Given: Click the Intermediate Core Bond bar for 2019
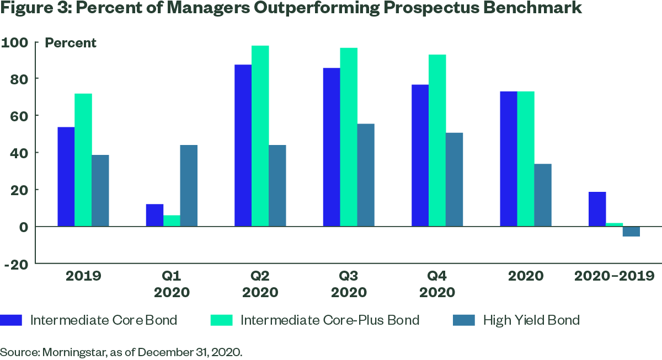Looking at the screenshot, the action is click(66, 176).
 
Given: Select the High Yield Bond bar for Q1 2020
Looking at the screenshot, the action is click(189, 186).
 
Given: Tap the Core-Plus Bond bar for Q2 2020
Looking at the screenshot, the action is click(260, 136).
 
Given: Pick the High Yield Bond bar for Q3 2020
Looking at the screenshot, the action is click(366, 175).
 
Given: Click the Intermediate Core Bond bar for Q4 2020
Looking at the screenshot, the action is click(420, 155).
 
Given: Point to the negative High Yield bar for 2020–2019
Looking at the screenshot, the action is click(631, 232).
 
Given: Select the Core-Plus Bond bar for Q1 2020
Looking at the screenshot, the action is click(172, 221).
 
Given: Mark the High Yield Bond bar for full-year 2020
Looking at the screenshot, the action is click(543, 195).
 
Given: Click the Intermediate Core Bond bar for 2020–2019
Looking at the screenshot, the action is click(597, 209).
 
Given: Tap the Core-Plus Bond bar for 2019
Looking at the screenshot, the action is click(83, 160).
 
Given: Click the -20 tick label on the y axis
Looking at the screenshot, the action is click(16, 264).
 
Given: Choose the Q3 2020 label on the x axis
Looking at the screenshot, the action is click(349, 284).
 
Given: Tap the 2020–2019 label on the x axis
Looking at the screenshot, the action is click(614, 276).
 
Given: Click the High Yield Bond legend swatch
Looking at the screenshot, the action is click(464, 320).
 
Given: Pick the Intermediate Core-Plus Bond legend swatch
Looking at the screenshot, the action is click(221, 320).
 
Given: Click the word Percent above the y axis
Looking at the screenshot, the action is click(71, 43).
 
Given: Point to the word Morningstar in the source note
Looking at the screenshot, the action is click(74, 353).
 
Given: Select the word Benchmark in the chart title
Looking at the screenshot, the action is click(532, 7).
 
